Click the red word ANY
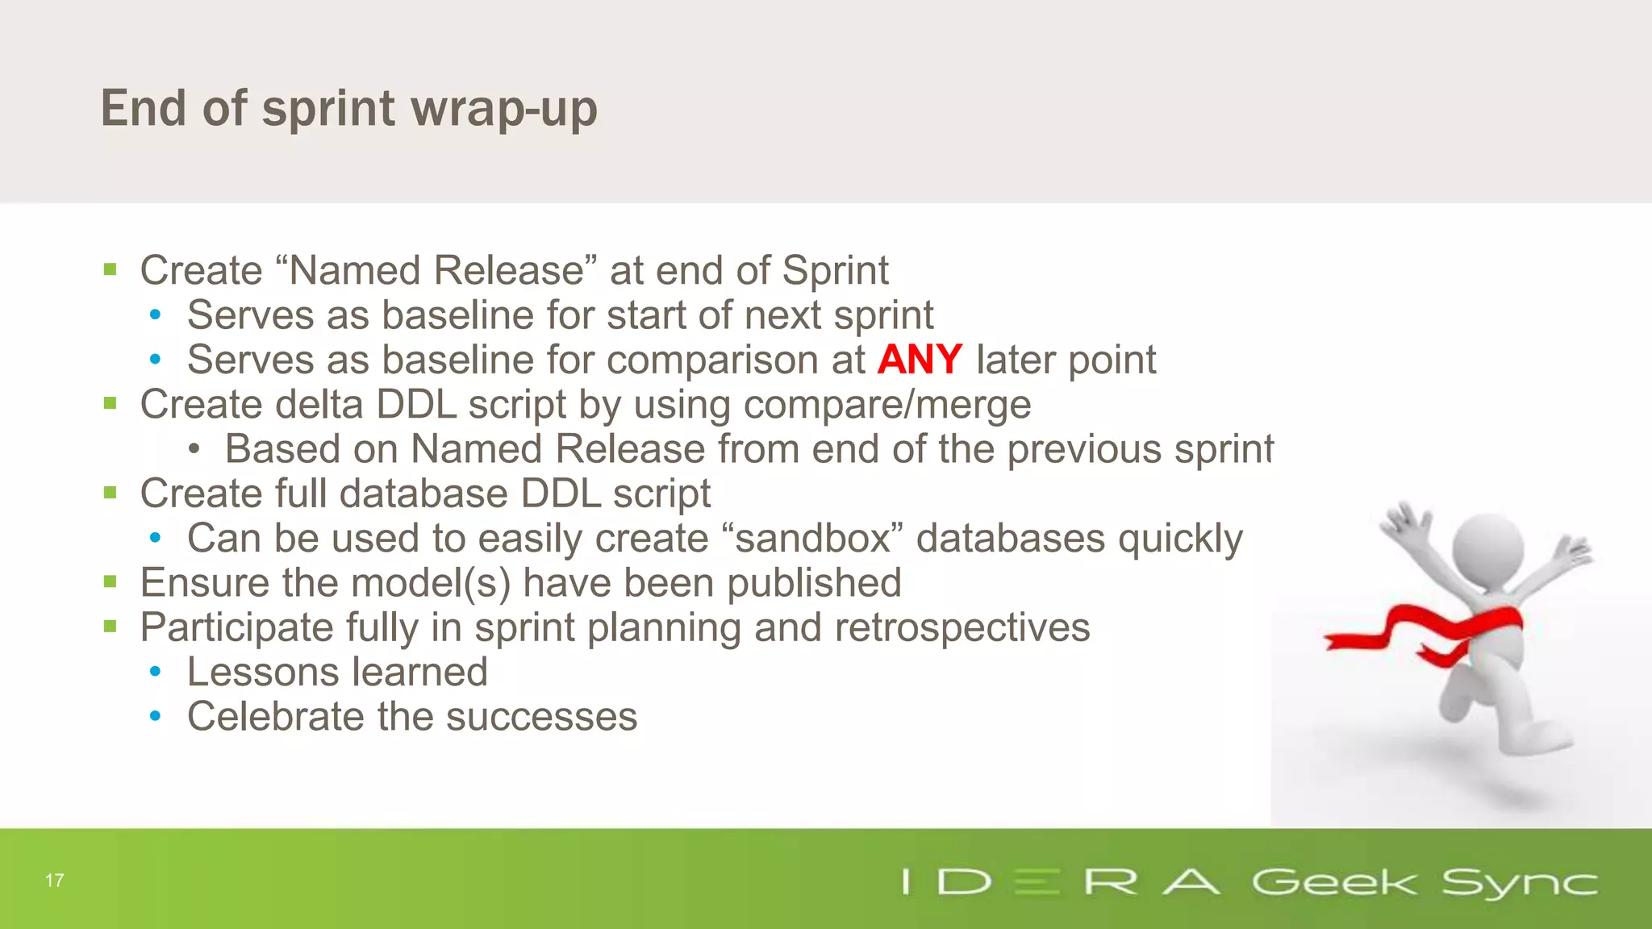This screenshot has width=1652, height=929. [x=919, y=360]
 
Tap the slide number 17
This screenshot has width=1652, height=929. [x=55, y=880]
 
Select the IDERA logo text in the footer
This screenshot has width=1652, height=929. [x=1061, y=882]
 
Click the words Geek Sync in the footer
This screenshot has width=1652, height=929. [x=1424, y=882]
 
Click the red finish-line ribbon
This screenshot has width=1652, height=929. [x=1420, y=633]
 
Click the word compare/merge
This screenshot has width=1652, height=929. [x=886, y=405]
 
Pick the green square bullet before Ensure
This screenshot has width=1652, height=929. [x=111, y=581]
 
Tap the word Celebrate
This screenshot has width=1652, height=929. [x=275, y=717]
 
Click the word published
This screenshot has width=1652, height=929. [x=814, y=583]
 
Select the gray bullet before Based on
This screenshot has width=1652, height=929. [x=194, y=449]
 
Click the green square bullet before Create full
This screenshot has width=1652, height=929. [x=111, y=492]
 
